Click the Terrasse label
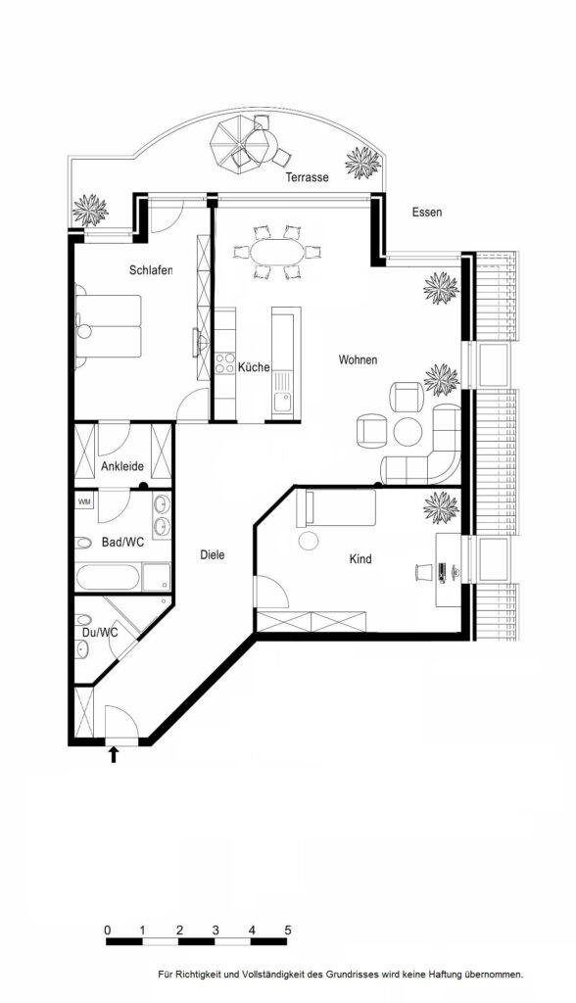(x=308, y=177)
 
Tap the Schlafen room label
(x=151, y=270)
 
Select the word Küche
(x=254, y=367)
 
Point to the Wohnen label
(x=358, y=360)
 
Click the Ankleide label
(x=122, y=466)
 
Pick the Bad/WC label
(x=122, y=543)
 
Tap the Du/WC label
(x=100, y=633)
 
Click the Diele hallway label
(x=213, y=554)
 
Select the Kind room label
(x=360, y=559)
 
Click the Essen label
(x=427, y=212)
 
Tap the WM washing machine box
(x=84, y=501)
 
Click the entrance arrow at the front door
(x=114, y=755)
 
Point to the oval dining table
(x=278, y=252)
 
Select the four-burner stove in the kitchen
(x=224, y=363)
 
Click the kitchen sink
(x=281, y=403)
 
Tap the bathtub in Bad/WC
(x=108, y=578)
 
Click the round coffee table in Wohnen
(x=408, y=431)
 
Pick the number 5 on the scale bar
(x=288, y=930)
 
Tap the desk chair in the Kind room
(x=422, y=571)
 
